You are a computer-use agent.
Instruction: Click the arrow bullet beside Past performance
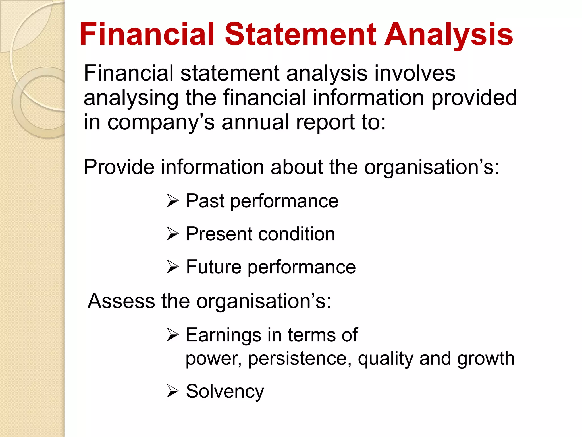(172, 201)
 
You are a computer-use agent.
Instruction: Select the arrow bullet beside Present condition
(172, 234)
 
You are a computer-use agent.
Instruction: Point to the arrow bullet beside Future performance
(172, 267)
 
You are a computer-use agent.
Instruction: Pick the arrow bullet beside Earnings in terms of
(172, 335)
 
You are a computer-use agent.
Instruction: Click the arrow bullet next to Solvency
(172, 391)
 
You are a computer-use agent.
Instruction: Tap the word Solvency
(225, 391)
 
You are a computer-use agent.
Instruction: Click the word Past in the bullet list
(205, 201)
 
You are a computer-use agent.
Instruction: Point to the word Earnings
(223, 335)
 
